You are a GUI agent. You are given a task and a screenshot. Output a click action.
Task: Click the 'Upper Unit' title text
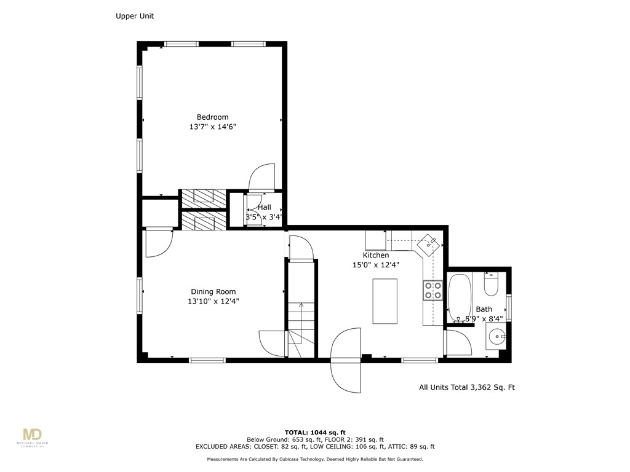[135, 17]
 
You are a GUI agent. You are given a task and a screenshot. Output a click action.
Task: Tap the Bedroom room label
[212, 117]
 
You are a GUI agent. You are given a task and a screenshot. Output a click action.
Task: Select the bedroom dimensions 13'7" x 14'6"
[212, 127]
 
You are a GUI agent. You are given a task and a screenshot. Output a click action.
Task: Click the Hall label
[264, 208]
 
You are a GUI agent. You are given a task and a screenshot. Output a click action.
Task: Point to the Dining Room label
[213, 292]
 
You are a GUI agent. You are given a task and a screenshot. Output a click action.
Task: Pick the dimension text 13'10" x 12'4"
[213, 302]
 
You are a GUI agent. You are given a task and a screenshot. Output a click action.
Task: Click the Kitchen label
[375, 255]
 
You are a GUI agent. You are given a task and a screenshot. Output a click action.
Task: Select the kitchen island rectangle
[385, 301]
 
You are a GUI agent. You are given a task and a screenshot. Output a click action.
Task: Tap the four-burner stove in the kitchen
[433, 290]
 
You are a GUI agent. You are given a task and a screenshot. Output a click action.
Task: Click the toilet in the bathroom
[491, 285]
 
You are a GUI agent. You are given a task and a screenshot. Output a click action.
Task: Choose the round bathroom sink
[496, 337]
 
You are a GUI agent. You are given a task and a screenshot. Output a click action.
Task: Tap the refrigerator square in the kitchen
[375, 240]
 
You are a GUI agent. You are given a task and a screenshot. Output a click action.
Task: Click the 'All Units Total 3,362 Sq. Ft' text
[466, 387]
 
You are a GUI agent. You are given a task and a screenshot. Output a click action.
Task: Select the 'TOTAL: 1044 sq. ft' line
[314, 432]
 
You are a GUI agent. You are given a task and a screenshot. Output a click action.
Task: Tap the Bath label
[484, 309]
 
